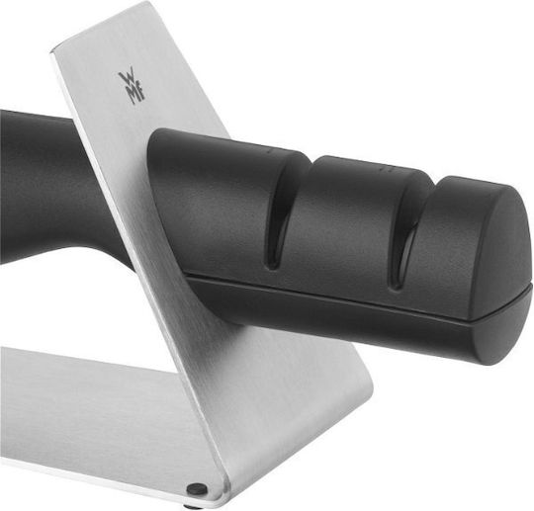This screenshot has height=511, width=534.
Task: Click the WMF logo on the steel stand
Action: click(132, 88)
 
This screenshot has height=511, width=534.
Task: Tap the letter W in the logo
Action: click(127, 79)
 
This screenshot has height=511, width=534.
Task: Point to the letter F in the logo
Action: click(140, 96)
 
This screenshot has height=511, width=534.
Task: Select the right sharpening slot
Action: click(408, 235)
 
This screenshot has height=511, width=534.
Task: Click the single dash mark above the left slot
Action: click(269, 149)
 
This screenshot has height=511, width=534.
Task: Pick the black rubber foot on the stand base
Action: click(197, 489)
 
